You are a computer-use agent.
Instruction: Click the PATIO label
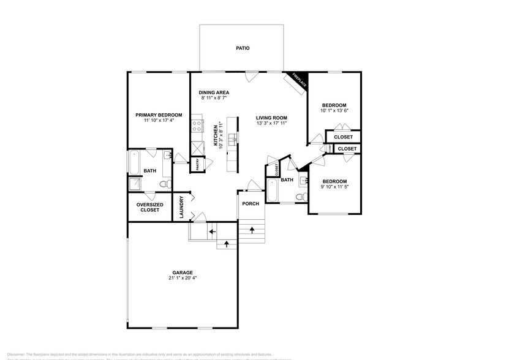(243, 48)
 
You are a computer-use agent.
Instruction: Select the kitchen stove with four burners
(197, 126)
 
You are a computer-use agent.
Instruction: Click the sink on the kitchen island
(232, 141)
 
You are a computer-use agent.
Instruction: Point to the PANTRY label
(197, 164)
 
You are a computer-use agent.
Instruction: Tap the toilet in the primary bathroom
(164, 183)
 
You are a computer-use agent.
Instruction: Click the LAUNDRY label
(182, 207)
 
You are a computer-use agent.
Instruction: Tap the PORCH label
(250, 203)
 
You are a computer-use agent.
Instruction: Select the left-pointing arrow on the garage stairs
(212, 231)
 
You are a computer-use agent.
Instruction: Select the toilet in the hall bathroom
(300, 197)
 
